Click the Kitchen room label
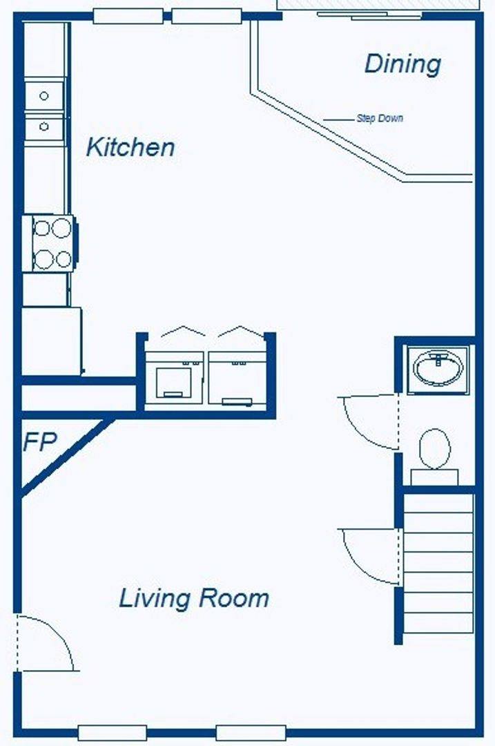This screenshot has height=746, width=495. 130,147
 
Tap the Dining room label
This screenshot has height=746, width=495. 402,64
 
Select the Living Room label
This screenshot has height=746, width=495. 194,598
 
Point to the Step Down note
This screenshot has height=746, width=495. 380,118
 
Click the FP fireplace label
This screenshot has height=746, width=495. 40,441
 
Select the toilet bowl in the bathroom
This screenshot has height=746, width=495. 435,449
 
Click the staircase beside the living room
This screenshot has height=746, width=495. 438,564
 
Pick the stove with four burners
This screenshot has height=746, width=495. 52,243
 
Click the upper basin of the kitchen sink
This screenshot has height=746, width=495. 43,95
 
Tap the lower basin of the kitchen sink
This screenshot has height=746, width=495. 43,126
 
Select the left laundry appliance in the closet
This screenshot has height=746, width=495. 174,379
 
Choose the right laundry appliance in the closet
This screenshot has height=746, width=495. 237,379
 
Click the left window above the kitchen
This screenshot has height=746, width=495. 128,16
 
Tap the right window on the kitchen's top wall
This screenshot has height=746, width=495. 206,16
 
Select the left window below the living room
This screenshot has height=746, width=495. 113,733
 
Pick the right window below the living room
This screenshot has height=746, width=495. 251,733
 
